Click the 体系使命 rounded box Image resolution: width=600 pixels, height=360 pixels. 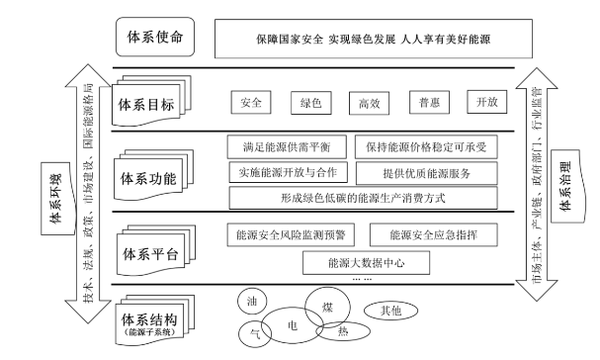click(154, 39)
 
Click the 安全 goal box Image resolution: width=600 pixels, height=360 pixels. click(251, 102)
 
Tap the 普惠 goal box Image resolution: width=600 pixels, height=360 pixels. click(428, 102)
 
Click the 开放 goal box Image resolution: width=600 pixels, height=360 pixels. click(487, 102)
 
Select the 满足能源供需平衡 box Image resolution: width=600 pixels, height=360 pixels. click(287, 147)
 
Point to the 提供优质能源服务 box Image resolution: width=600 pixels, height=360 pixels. click(426, 172)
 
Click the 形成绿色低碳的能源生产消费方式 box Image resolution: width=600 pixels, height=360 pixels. click(362, 198)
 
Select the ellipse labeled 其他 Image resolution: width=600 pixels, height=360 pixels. click(390, 310)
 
